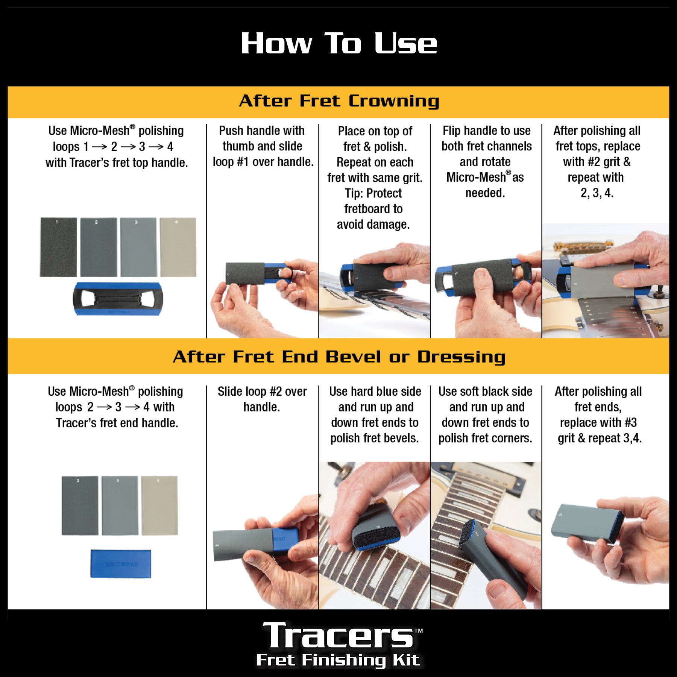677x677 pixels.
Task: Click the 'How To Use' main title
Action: click(338, 43)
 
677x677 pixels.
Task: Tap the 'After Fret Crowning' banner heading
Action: click(338, 101)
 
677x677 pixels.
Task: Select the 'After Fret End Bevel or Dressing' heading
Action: click(338, 357)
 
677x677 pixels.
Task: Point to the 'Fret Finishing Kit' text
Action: click(338, 660)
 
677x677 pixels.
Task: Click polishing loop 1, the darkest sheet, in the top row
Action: click(58, 247)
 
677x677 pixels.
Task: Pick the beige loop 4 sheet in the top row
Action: click(178, 247)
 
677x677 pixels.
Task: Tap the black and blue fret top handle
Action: click(118, 299)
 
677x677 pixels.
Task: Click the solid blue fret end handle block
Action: click(120, 563)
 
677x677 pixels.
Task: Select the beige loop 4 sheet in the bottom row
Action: click(159, 505)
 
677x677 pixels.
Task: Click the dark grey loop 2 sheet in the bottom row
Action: click(80, 505)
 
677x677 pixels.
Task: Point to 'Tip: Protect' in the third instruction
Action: click(373, 193)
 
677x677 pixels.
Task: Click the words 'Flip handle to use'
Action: click(486, 131)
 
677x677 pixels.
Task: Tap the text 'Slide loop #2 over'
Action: click(262, 392)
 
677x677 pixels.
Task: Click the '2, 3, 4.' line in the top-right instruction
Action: click(597, 193)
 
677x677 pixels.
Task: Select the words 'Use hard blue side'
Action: click(375, 392)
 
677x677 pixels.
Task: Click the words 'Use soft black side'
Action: click(485, 392)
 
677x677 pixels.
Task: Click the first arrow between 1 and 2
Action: click(99, 147)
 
